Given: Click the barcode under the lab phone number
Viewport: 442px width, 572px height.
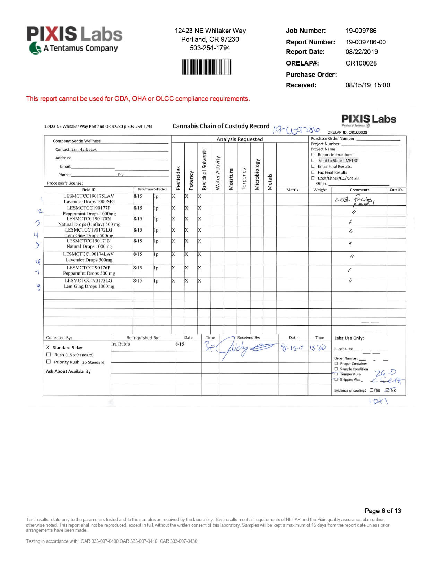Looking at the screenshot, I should coord(207,67).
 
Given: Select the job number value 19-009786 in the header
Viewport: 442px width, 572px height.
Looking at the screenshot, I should coord(361,31).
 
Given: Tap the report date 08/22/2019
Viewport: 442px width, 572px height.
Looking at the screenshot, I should coord(362,52).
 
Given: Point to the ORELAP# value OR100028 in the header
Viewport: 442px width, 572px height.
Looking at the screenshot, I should coord(361,63).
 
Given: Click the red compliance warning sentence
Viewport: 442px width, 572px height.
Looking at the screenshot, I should coord(138,98).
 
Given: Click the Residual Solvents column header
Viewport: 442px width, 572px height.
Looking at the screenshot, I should coord(204,169).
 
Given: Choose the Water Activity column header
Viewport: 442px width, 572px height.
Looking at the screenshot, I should coord(218,173).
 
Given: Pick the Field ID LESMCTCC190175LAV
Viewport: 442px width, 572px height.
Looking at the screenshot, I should coord(88,196).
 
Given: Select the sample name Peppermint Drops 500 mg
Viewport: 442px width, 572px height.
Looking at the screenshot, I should coord(89,273).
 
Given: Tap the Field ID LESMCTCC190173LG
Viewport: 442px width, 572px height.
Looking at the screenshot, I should coord(88,280).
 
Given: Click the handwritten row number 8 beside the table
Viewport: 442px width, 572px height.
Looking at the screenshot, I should coord(38,287).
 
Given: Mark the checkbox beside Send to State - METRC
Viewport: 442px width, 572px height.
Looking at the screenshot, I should coord(313,161).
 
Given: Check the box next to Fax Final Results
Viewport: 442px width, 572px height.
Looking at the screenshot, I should coord(313,172).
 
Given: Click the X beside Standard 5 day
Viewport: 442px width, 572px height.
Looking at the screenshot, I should coord(48,347).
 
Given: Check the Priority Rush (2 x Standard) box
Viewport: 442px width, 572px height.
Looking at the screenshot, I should coord(49,362).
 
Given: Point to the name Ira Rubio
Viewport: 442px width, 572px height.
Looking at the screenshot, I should coord(121,344).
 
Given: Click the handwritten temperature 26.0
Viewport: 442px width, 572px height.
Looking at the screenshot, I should coord(385,373).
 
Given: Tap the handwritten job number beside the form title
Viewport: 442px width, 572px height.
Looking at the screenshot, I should coord(296,130).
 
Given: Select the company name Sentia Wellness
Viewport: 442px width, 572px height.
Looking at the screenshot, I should coord(86,141).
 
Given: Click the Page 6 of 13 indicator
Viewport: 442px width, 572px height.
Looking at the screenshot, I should coord(383,511).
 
